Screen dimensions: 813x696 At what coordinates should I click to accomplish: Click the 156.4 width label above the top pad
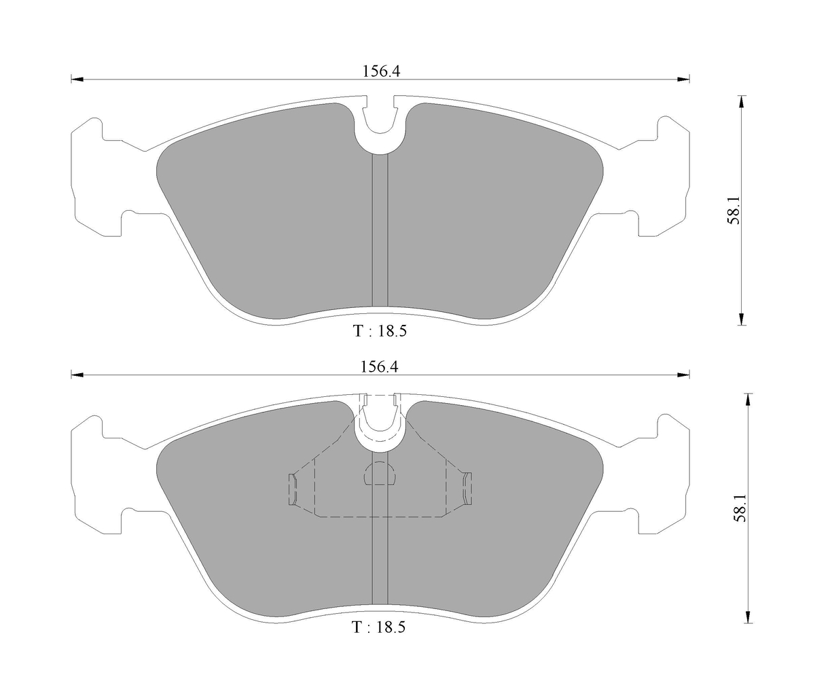(381, 71)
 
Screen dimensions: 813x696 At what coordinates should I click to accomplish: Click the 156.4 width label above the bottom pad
(380, 367)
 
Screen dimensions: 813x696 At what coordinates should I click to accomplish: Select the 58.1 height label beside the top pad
(734, 209)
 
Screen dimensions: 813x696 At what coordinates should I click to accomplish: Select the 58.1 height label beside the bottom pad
(740, 508)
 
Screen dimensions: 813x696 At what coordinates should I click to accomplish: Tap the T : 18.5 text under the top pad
(380, 331)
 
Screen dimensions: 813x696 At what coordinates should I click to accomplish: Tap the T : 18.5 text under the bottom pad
(378, 627)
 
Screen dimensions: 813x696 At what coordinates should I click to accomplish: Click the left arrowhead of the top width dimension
(77, 80)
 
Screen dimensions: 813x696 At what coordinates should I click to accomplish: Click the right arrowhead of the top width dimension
(684, 80)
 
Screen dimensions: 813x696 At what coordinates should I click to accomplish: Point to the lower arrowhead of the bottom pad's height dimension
(748, 616)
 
